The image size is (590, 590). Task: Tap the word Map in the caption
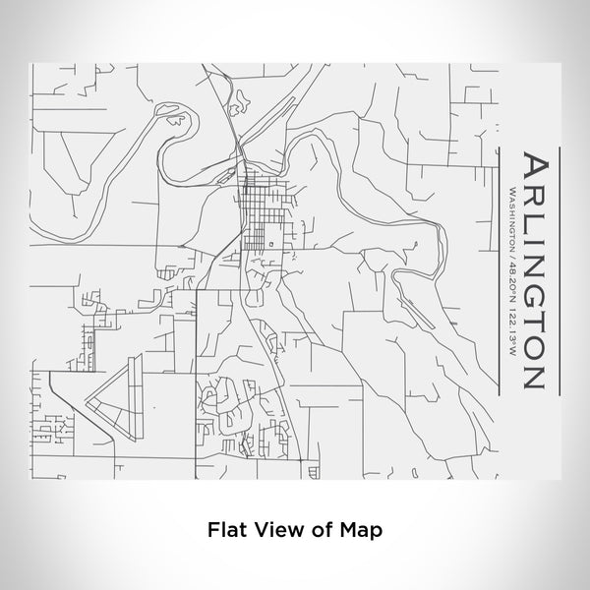point(361,528)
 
